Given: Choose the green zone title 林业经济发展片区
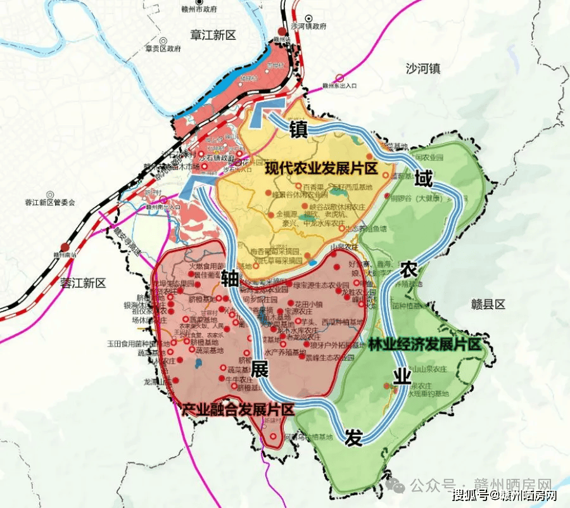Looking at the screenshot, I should tap(433, 344).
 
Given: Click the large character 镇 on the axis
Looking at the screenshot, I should tap(298, 130).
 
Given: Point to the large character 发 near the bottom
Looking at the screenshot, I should tap(353, 437).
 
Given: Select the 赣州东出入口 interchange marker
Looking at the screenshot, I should tap(339, 79).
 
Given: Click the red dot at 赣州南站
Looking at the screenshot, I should tap(64, 247).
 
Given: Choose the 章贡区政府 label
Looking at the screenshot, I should tap(163, 48).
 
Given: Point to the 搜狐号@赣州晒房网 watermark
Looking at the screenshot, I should tap(504, 494).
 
